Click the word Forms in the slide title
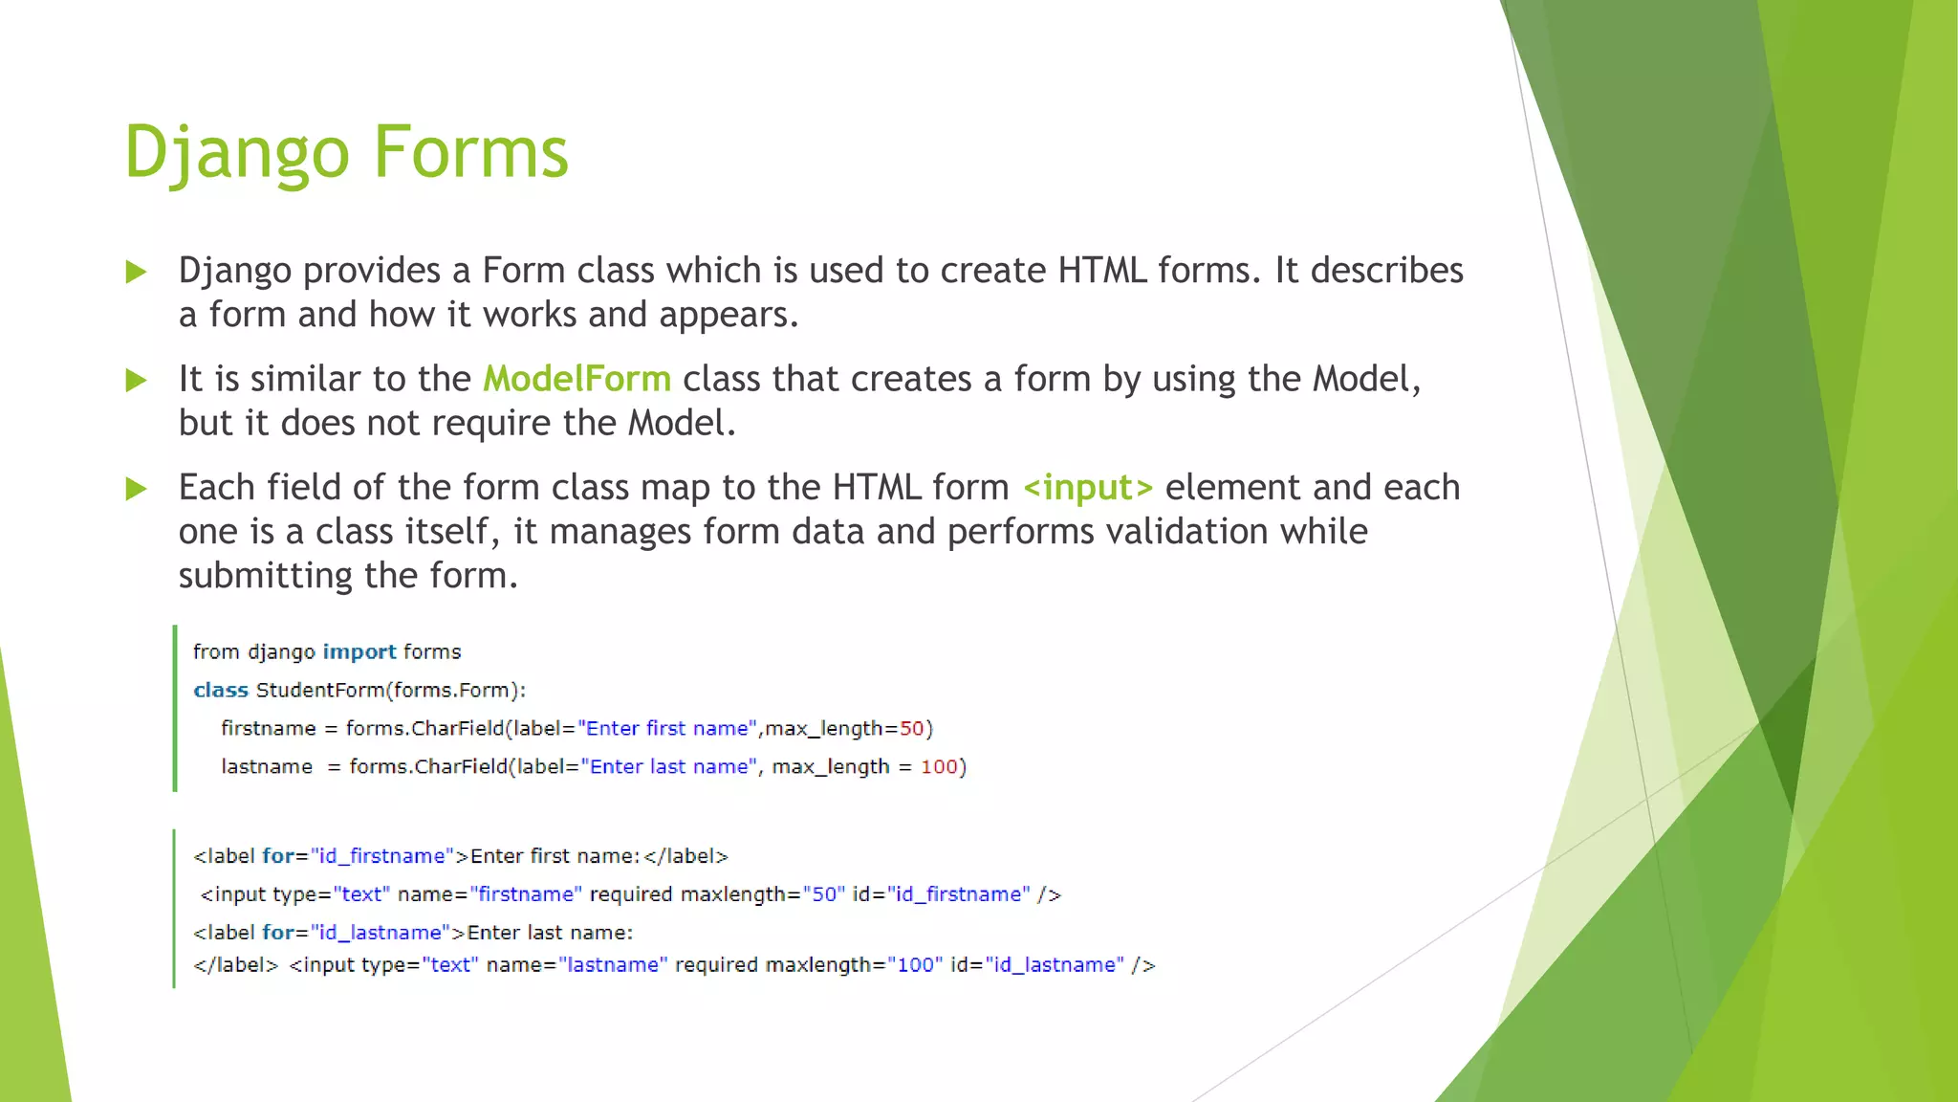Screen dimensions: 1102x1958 470,153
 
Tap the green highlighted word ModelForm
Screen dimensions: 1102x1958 577,379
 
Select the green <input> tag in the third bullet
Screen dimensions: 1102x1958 1088,488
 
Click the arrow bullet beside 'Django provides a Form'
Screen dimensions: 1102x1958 137,273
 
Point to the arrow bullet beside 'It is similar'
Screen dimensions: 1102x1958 137,381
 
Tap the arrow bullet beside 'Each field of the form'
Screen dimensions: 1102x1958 137,490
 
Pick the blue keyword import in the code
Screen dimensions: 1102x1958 359,652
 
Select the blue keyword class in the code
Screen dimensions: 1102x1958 220,691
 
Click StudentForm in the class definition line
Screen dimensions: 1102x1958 321,691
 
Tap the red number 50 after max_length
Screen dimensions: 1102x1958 911,729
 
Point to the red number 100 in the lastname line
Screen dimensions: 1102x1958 938,767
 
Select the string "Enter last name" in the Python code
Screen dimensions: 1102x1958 669,767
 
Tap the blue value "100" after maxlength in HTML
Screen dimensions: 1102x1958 915,965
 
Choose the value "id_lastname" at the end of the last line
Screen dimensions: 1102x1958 1055,965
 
